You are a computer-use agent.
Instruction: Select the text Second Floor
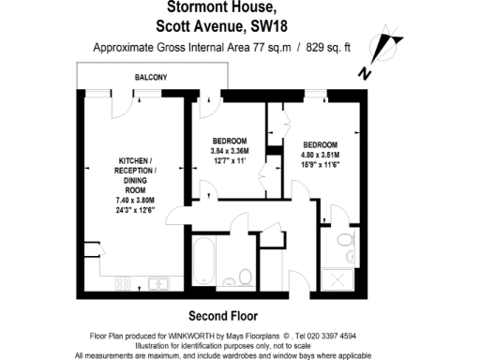pos(223,316)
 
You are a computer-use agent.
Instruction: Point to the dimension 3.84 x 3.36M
pos(232,151)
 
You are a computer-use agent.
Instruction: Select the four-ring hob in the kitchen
pos(122,283)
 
